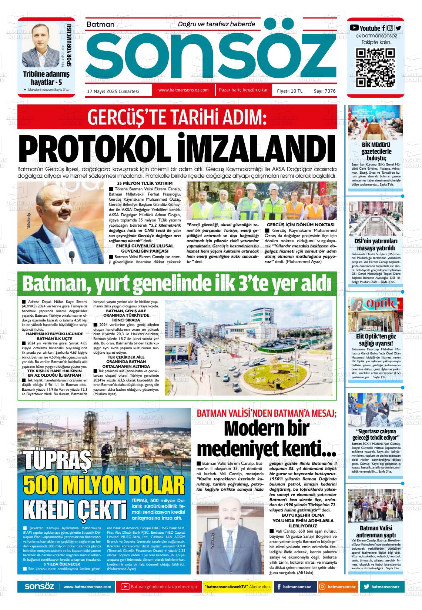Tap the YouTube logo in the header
[354, 28]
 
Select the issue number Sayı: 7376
[325, 91]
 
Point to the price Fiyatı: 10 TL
[289, 91]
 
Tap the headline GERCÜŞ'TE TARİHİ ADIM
[177, 118]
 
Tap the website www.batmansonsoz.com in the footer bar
[87, 587]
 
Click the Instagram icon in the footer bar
[322, 587]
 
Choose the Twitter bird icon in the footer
[366, 587]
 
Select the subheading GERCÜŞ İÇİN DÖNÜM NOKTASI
[301, 225]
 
